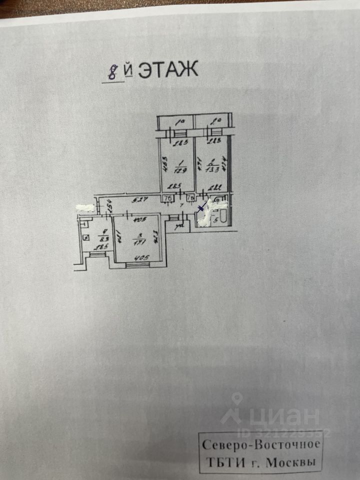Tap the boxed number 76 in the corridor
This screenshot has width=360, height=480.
pyautogui.click(x=168, y=199)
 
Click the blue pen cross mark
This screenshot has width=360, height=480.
pyautogui.click(x=201, y=208)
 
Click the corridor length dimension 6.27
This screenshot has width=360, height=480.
pyautogui.click(x=131, y=201)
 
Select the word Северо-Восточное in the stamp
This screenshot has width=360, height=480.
pyautogui.click(x=259, y=444)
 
